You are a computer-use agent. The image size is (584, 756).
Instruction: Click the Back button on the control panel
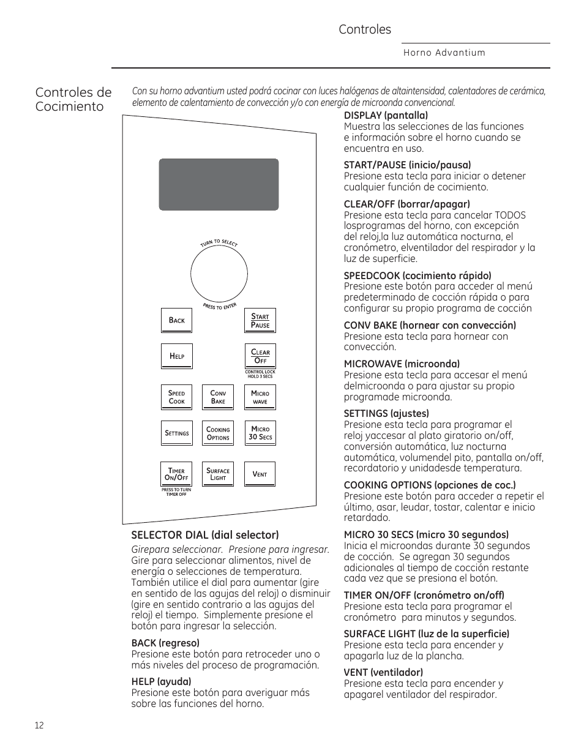point(176,320)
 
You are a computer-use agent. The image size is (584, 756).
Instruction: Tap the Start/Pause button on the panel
point(260,321)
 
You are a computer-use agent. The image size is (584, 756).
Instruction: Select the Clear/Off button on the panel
point(260,356)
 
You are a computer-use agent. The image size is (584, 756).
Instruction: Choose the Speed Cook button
point(176,397)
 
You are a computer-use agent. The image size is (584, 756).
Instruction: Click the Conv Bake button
point(218,397)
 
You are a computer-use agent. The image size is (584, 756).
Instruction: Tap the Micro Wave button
point(260,397)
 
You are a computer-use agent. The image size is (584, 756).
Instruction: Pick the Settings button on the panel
point(176,433)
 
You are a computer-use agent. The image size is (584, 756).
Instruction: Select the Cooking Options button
point(218,433)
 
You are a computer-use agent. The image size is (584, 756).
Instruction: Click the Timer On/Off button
point(176,474)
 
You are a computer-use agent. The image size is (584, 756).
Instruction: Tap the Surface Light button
point(218,474)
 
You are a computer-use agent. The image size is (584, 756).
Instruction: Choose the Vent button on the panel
point(260,474)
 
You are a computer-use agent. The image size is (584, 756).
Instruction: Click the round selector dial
point(219,275)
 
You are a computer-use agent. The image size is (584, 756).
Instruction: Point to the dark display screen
point(219,184)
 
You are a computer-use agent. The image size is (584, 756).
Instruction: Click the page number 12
point(39,725)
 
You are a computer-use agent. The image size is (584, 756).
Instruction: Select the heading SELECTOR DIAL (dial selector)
point(205,535)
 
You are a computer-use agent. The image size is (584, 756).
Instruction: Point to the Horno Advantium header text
point(444,53)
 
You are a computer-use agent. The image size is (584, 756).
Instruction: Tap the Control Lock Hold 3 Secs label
point(260,374)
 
